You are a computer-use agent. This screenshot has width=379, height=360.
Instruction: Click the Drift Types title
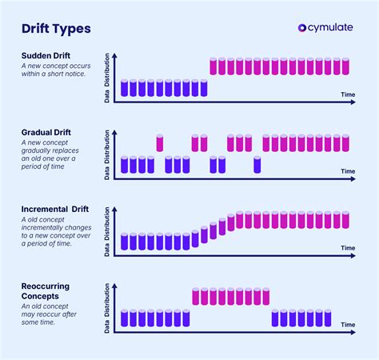pyautogui.click(x=56, y=30)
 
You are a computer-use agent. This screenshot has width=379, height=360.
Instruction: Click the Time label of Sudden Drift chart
pyautogui.click(x=347, y=94)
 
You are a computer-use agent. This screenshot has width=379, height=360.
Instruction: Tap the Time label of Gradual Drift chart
pyautogui.click(x=347, y=171)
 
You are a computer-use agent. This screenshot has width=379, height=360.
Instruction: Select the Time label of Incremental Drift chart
pyautogui.click(x=347, y=249)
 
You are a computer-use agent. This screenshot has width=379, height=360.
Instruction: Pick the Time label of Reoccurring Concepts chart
pyautogui.click(x=347, y=325)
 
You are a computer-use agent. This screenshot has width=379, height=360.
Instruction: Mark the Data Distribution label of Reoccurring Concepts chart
pyautogui.click(x=108, y=306)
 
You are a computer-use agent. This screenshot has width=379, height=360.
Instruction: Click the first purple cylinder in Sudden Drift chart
pyautogui.click(x=125, y=88)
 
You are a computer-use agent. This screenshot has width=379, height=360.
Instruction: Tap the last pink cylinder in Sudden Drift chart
pyautogui.click(x=345, y=66)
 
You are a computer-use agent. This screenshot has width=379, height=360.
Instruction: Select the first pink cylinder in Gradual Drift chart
pyautogui.click(x=160, y=143)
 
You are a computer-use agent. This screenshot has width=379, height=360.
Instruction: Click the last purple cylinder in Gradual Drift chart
pyautogui.click(x=257, y=165)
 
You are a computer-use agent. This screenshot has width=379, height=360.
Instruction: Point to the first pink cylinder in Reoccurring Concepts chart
pyautogui.click(x=196, y=297)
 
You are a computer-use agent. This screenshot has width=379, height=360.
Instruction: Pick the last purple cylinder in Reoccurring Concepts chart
pyautogui.click(x=345, y=318)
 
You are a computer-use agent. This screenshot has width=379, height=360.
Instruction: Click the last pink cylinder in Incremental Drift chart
pyautogui.click(x=345, y=220)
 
